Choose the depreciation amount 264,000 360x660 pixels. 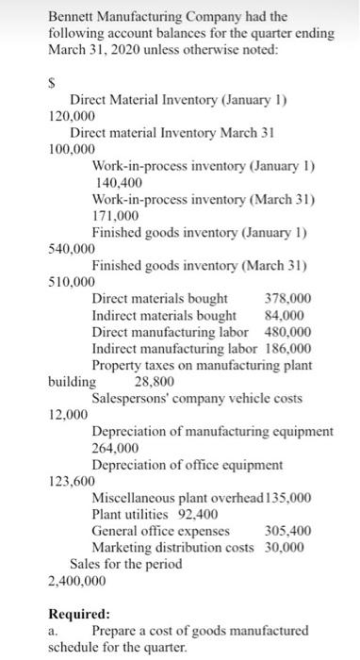(116, 448)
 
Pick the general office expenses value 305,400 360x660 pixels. (289, 530)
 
